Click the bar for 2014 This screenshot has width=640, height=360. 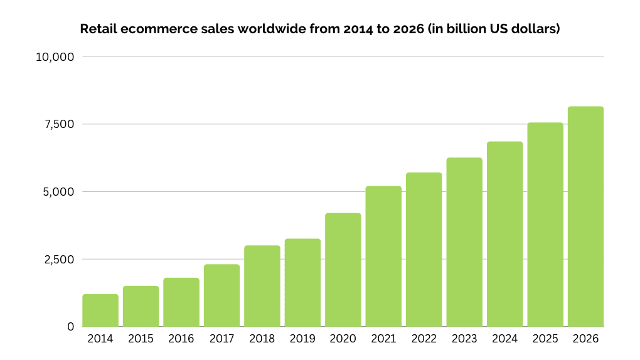click(x=100, y=310)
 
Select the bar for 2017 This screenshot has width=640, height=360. click(x=221, y=295)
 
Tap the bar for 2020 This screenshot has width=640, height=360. click(x=343, y=270)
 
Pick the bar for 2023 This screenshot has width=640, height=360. click(x=464, y=242)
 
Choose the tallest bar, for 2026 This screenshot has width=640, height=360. click(x=585, y=216)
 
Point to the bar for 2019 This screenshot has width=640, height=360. click(x=302, y=282)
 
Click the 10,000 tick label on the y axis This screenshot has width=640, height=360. click(x=55, y=57)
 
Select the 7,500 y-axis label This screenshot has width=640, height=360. click(x=58, y=124)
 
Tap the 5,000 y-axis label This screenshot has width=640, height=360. click(x=58, y=192)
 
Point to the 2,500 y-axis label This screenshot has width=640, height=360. click(x=58, y=259)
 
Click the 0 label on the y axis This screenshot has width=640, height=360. click(x=71, y=327)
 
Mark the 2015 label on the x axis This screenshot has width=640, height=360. click(x=141, y=339)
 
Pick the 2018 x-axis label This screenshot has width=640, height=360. click(x=262, y=339)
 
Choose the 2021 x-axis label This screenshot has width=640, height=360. click(x=383, y=339)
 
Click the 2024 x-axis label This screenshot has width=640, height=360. click(x=504, y=339)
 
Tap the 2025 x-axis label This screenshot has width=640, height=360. click(x=545, y=339)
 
